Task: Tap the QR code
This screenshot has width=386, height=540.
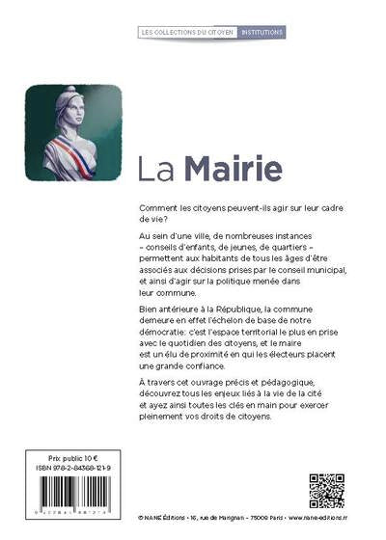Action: [326, 491]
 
